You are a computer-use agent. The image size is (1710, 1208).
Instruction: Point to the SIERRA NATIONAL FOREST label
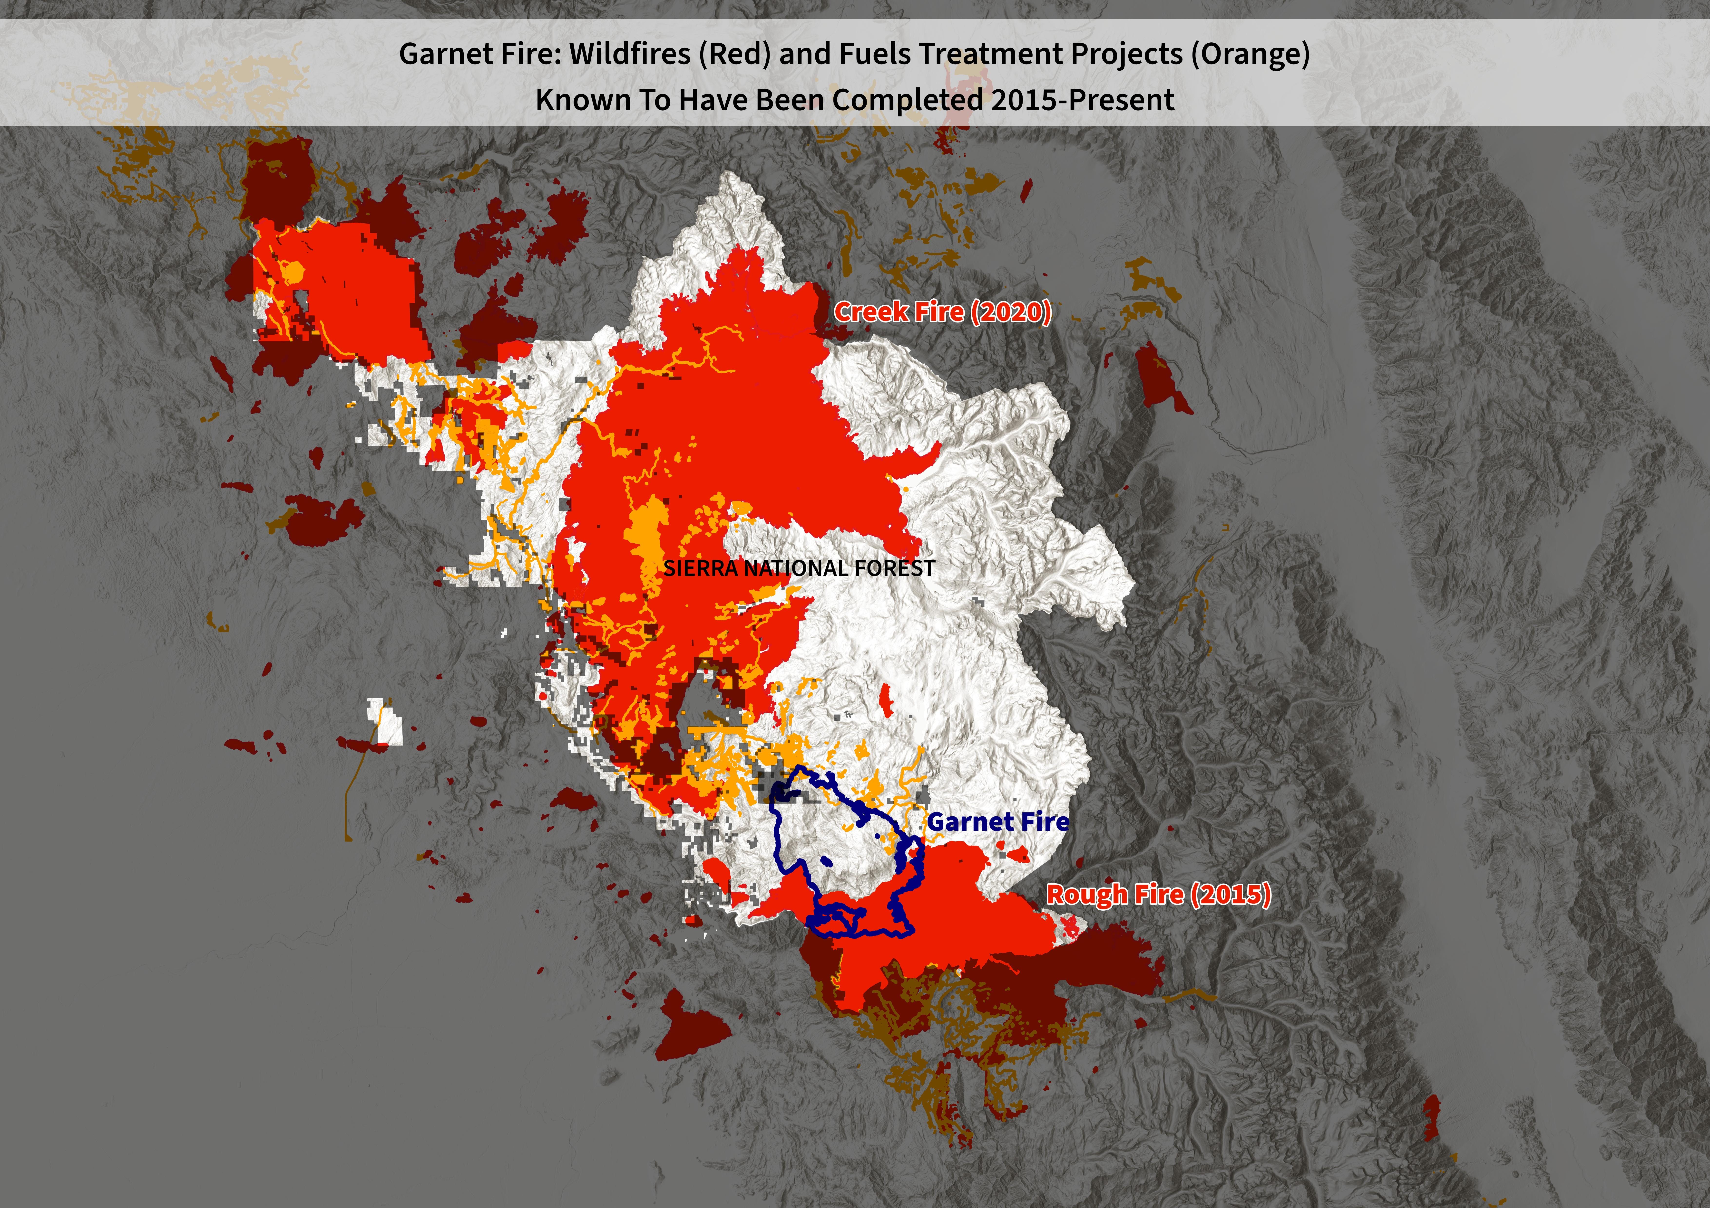tap(798, 569)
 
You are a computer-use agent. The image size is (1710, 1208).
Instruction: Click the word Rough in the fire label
tap(1078, 894)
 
